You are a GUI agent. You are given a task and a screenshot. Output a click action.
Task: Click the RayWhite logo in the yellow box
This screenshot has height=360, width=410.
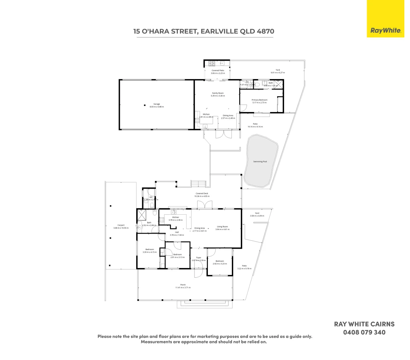(x=385, y=30)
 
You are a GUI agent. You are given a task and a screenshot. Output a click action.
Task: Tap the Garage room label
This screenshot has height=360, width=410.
(x=157, y=104)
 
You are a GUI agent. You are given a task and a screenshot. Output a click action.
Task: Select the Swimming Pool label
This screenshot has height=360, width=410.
(x=260, y=162)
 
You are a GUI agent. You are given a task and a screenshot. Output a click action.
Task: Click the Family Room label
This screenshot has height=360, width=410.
(x=218, y=93)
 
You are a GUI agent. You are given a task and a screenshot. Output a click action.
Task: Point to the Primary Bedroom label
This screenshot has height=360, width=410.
(x=259, y=100)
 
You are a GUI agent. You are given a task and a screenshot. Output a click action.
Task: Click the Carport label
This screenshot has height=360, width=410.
(x=121, y=225)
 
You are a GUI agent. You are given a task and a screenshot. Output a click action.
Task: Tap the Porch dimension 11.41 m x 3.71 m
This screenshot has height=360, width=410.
(x=183, y=287)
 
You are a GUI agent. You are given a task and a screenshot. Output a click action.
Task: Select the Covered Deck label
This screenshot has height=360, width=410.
(x=202, y=193)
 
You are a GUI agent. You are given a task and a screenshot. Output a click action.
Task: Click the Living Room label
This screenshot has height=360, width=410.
(x=222, y=227)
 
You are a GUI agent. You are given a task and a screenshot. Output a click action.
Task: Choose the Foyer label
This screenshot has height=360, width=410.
(x=199, y=258)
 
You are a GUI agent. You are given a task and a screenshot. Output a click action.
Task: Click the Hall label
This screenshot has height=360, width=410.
(x=177, y=232)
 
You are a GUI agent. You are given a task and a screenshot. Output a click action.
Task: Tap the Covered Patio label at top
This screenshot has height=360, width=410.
(x=218, y=70)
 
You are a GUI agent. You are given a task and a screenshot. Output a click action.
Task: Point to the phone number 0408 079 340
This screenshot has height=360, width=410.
(x=364, y=332)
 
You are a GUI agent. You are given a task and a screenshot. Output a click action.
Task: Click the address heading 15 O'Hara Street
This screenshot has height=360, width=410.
(x=204, y=31)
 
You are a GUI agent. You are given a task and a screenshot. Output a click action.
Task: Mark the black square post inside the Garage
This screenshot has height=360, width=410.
(x=145, y=105)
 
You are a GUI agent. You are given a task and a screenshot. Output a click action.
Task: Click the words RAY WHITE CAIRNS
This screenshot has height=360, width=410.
(x=364, y=324)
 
